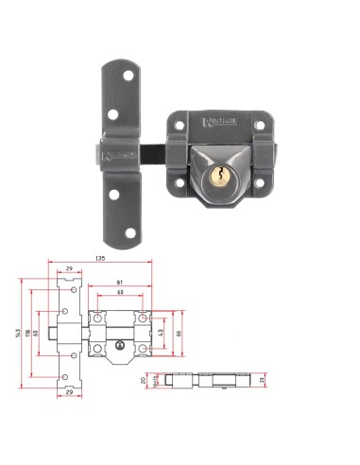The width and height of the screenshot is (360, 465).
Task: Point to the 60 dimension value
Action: pyautogui.click(x=119, y=294)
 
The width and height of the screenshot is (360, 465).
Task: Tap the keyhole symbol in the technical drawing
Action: pyautogui.click(x=119, y=353)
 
